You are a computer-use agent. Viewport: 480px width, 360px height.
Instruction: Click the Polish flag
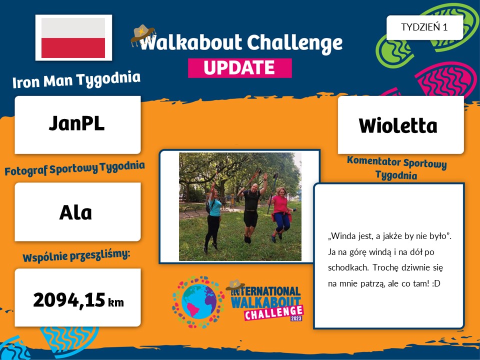73,37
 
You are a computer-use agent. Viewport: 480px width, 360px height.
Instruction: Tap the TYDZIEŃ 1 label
424,27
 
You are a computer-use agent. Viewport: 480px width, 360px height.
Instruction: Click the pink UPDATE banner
239,68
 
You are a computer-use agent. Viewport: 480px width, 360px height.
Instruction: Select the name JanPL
76,123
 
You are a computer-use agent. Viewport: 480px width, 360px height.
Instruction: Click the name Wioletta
398,125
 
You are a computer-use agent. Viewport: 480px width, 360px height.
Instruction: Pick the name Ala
75,212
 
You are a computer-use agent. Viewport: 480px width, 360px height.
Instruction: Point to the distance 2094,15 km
78,300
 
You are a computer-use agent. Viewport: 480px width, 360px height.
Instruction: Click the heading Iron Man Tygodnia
76,79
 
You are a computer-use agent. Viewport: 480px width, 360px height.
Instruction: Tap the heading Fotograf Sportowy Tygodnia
74,168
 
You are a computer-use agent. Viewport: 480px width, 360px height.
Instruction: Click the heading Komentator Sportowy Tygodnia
396,168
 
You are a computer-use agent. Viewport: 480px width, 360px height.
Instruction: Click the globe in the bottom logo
198,302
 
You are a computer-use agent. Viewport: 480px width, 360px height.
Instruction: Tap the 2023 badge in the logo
296,318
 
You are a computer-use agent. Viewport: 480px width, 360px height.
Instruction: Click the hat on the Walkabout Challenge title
143,35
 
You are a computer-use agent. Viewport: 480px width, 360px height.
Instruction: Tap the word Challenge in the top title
294,43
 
